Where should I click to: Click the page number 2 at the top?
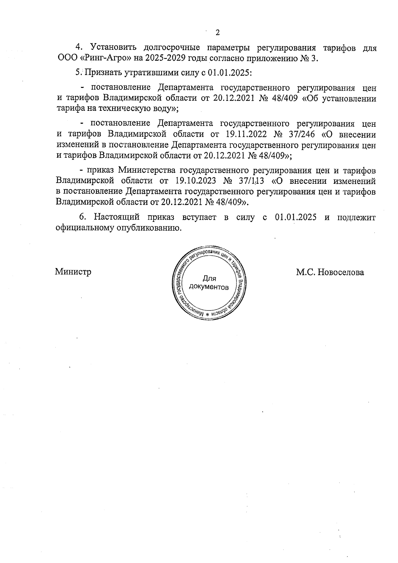click(218, 33)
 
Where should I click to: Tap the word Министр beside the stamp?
click(73, 272)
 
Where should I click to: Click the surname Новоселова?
click(341, 272)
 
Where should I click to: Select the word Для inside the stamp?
click(209, 279)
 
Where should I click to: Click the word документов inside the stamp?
click(209, 287)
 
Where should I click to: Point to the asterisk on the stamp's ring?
click(208, 314)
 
